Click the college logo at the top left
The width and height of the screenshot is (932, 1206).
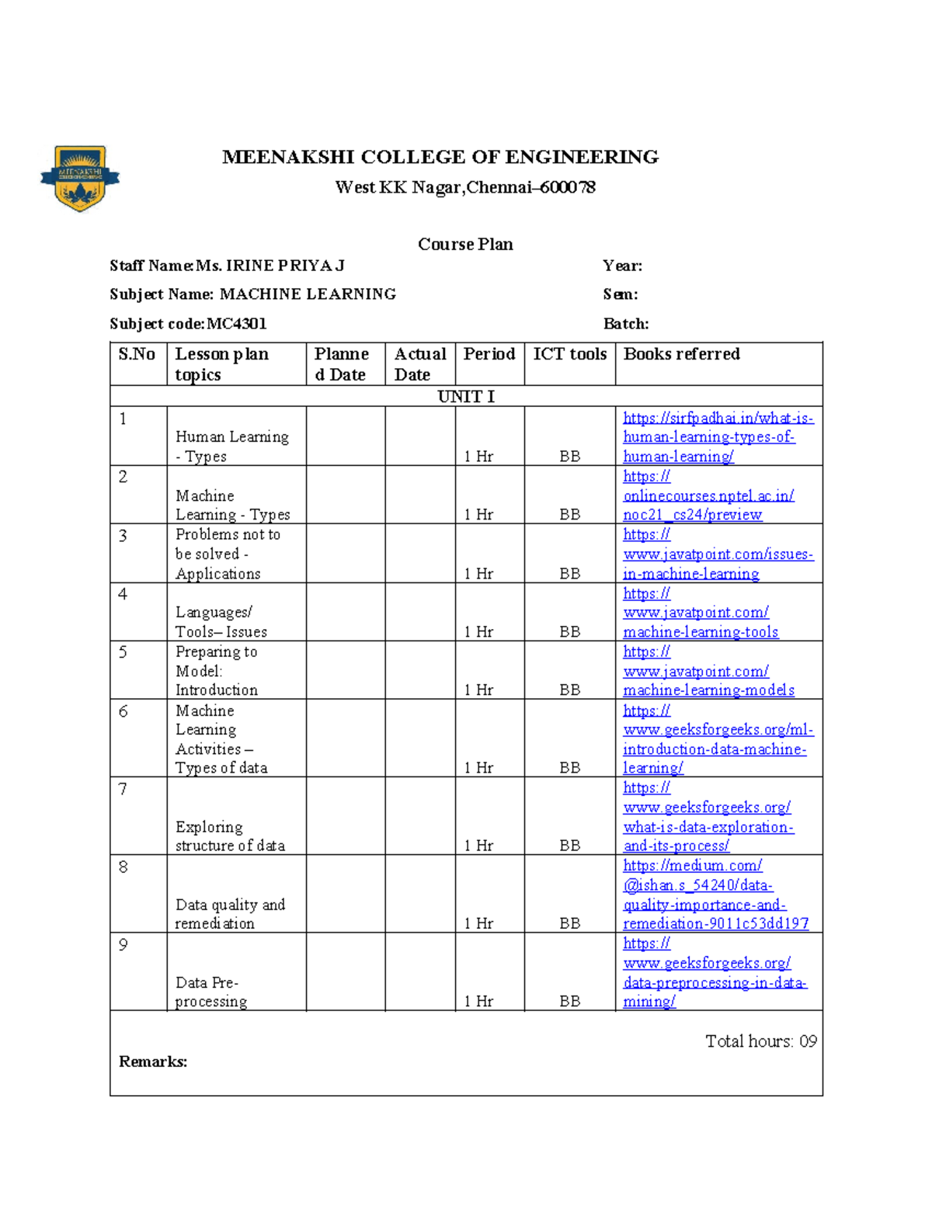(x=80, y=178)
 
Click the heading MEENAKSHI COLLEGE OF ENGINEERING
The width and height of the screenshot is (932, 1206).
(x=440, y=157)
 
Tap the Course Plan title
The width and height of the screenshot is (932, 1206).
(x=465, y=244)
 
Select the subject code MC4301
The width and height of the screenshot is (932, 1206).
(x=236, y=324)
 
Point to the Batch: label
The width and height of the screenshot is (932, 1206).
(x=625, y=324)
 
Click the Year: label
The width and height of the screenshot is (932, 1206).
(x=622, y=266)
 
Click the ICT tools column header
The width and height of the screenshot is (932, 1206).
(x=569, y=354)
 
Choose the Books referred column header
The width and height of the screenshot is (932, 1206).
(x=681, y=354)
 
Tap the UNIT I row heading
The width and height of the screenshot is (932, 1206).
(x=466, y=396)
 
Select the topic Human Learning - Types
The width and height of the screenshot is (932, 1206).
(x=231, y=447)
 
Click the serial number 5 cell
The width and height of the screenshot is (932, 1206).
(x=123, y=652)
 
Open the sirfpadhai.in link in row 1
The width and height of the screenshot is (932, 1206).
(x=717, y=437)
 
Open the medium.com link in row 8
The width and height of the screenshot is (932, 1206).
(x=715, y=895)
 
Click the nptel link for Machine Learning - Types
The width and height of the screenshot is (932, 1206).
(x=708, y=496)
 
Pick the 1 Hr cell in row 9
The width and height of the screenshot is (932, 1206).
(x=478, y=1001)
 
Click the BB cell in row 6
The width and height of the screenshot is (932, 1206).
(x=569, y=767)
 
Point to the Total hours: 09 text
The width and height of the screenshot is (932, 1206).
(x=760, y=1041)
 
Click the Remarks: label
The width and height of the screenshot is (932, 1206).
(x=153, y=1062)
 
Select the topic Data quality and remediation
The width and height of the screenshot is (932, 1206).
(x=230, y=914)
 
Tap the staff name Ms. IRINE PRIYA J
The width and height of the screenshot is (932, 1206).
(x=270, y=266)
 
